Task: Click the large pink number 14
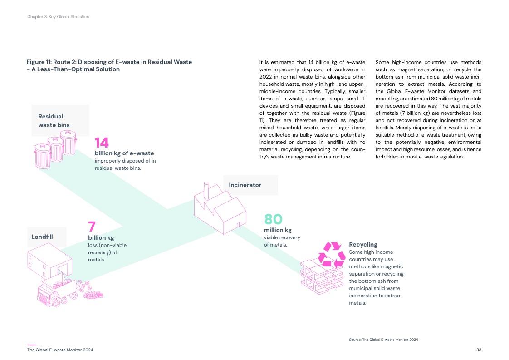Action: tap(102, 143)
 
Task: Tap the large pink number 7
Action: tap(92, 227)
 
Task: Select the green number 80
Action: tap(274, 219)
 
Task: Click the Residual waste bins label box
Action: tap(60, 120)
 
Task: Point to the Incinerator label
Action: tap(245, 185)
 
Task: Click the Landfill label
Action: tap(42, 237)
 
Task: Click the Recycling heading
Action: tap(363, 245)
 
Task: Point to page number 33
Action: tap(479, 350)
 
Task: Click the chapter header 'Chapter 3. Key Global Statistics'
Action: tap(58, 17)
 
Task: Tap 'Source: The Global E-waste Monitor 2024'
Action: tap(383, 340)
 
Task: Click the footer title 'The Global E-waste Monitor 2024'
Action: tap(60, 350)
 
